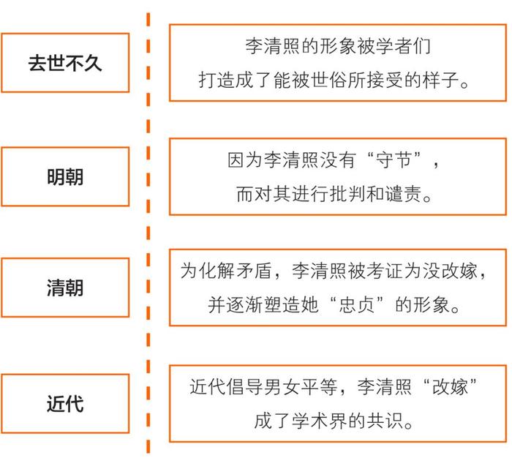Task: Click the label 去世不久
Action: pos(65,63)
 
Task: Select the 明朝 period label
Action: pos(65,177)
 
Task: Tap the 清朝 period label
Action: pos(65,288)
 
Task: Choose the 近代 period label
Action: pos(65,403)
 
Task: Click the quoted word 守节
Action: pos(394,159)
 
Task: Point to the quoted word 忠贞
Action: pos(357,304)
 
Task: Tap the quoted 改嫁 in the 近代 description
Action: pos(450,386)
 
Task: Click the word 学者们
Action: pos(403,46)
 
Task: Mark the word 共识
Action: pos(384,421)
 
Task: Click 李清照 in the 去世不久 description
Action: pos(273,46)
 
